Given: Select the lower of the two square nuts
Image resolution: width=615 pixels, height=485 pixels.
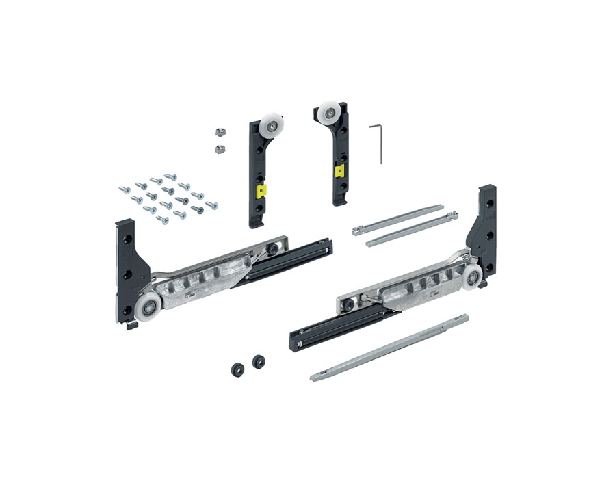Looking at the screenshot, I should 220,148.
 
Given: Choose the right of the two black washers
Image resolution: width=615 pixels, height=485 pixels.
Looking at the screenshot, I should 259,362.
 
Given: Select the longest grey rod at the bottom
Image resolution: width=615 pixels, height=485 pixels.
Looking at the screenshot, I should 390,347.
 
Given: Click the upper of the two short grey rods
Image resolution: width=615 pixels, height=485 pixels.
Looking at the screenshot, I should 398,219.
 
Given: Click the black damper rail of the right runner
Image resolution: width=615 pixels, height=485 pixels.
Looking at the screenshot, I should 335,326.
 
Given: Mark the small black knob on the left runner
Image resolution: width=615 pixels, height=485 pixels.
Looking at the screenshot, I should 273,249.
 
